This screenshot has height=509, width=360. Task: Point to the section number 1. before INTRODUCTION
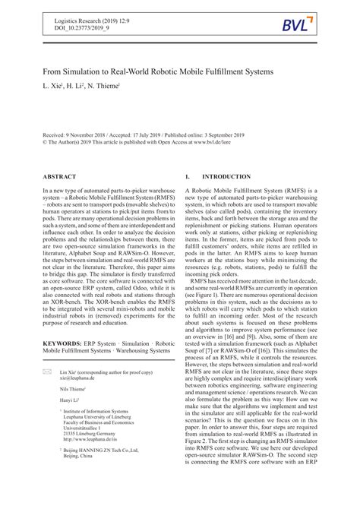pos(188,176)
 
